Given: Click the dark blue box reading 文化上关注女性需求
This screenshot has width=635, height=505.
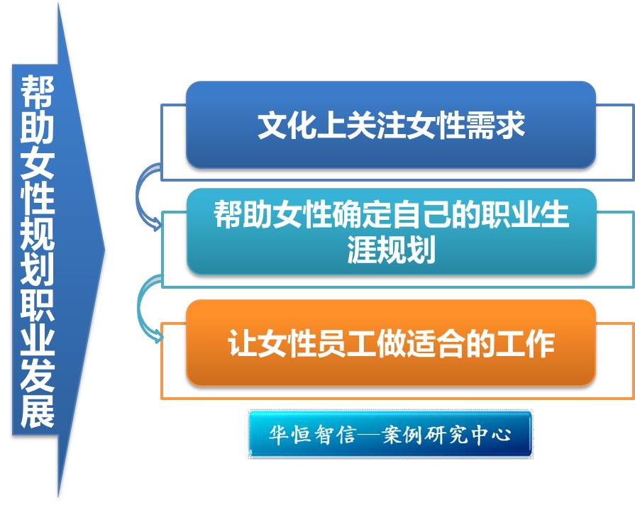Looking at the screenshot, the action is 391,125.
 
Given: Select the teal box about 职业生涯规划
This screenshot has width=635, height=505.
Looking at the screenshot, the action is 391,232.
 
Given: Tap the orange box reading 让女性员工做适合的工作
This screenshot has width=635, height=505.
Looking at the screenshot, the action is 391,343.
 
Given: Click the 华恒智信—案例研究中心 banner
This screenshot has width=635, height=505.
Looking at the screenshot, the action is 390,434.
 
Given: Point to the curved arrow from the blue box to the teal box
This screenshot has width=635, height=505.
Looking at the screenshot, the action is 138,194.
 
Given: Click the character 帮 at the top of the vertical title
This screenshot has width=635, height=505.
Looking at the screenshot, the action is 38,91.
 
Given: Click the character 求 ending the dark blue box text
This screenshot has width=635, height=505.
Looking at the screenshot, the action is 510,125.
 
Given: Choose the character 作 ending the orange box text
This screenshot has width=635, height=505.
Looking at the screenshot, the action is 540,343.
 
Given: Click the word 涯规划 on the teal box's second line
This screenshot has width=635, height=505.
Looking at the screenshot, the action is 391,250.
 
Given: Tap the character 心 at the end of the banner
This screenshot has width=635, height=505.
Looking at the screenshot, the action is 501,435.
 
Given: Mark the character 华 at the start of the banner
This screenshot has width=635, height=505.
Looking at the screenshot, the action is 279,435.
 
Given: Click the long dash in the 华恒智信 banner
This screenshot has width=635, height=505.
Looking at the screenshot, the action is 369,435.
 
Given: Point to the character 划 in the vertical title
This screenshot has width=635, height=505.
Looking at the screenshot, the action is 38,268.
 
